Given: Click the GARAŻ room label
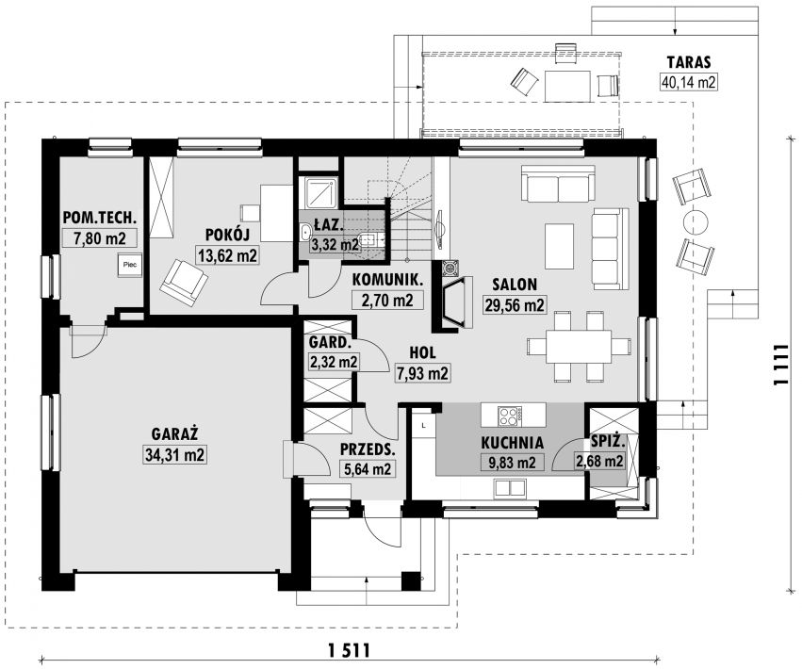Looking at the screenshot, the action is pyautogui.click(x=174, y=434).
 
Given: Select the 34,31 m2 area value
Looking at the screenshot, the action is pyautogui.click(x=174, y=455).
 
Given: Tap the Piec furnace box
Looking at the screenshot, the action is pyautogui.click(x=129, y=265).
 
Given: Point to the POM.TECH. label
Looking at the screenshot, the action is pyautogui.click(x=100, y=218).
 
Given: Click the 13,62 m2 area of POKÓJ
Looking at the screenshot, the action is pyautogui.click(x=227, y=254).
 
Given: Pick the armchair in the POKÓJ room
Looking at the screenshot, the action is pyautogui.click(x=184, y=283).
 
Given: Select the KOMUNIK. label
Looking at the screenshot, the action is pyautogui.click(x=387, y=280).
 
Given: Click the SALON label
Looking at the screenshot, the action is pyautogui.click(x=514, y=284).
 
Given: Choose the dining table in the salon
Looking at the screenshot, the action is pyautogui.click(x=579, y=347).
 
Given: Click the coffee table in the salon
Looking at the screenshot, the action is pyautogui.click(x=559, y=246).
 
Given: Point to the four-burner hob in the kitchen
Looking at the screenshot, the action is pyautogui.click(x=510, y=415).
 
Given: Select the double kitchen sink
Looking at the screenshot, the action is pyautogui.click(x=510, y=488).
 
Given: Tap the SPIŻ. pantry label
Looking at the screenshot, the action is pyautogui.click(x=607, y=442).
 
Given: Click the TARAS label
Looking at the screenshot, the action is pyautogui.click(x=689, y=62).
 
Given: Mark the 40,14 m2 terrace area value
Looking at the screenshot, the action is pyautogui.click(x=689, y=82).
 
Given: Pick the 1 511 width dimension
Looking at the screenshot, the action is pyautogui.click(x=350, y=651).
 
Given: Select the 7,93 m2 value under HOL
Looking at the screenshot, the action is pyautogui.click(x=422, y=374).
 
